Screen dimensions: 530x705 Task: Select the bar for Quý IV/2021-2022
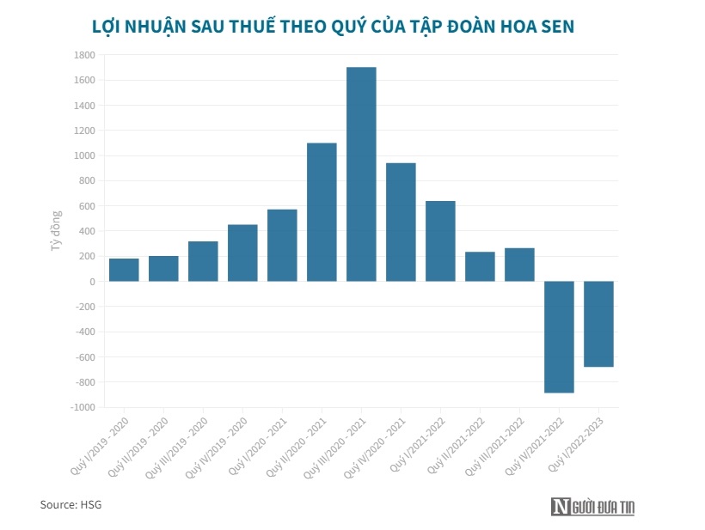pos(559,337)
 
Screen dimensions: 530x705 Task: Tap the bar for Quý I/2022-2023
pos(598,324)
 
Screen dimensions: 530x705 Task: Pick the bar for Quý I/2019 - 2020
pos(124,270)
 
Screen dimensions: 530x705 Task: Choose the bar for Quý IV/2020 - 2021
pos(401,222)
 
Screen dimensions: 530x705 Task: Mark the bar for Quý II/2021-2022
pos(480,266)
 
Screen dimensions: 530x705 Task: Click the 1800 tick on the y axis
pos(83,55)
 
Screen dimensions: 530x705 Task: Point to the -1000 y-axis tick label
pos(82,407)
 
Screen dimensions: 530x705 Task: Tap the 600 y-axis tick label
pos(86,206)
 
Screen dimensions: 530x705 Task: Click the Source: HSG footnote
pos(70,504)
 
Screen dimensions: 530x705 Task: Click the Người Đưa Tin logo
pos(594,508)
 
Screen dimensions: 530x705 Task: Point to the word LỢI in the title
pos(108,27)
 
